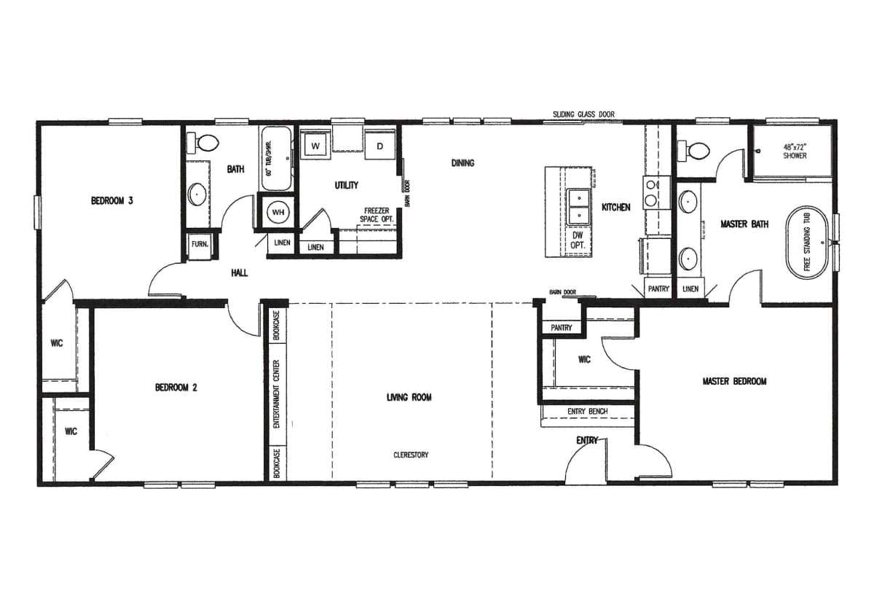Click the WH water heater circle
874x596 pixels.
[277, 212]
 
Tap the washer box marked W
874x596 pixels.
[316, 146]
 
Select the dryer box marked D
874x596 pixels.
[379, 146]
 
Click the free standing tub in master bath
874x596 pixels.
[807, 243]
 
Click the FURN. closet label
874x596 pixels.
[200, 245]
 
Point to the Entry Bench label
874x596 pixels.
[587, 412]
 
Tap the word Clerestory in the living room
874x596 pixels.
[411, 455]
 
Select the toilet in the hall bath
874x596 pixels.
[202, 143]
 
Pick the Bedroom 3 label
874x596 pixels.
[111, 201]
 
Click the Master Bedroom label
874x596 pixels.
[734, 381]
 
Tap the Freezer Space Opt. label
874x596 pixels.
[379, 215]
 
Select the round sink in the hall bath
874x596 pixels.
[197, 195]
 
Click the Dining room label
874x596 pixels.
[462, 163]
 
